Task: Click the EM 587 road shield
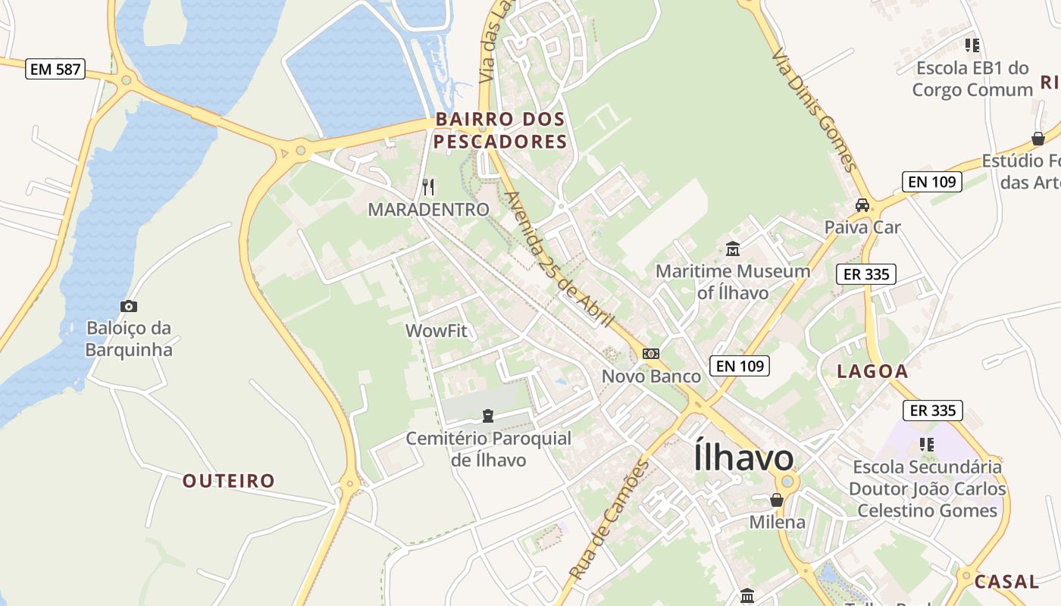click(55, 70)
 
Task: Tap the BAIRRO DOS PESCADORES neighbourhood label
click(500, 130)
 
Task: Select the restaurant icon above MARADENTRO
click(429, 186)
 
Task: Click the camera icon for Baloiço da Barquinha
click(129, 306)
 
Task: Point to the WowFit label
click(437, 331)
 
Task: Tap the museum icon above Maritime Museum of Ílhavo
click(733, 248)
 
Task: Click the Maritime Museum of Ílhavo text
click(733, 281)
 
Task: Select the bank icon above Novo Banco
click(650, 354)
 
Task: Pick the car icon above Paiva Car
click(862, 205)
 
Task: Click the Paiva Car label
click(862, 227)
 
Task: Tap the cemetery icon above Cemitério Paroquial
click(488, 415)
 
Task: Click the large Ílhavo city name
click(743, 458)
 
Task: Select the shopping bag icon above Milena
click(777, 500)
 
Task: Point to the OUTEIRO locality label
click(229, 481)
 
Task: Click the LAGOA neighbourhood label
click(872, 371)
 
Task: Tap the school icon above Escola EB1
click(972, 45)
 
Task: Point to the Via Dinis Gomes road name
click(814, 110)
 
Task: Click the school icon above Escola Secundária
click(927, 444)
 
